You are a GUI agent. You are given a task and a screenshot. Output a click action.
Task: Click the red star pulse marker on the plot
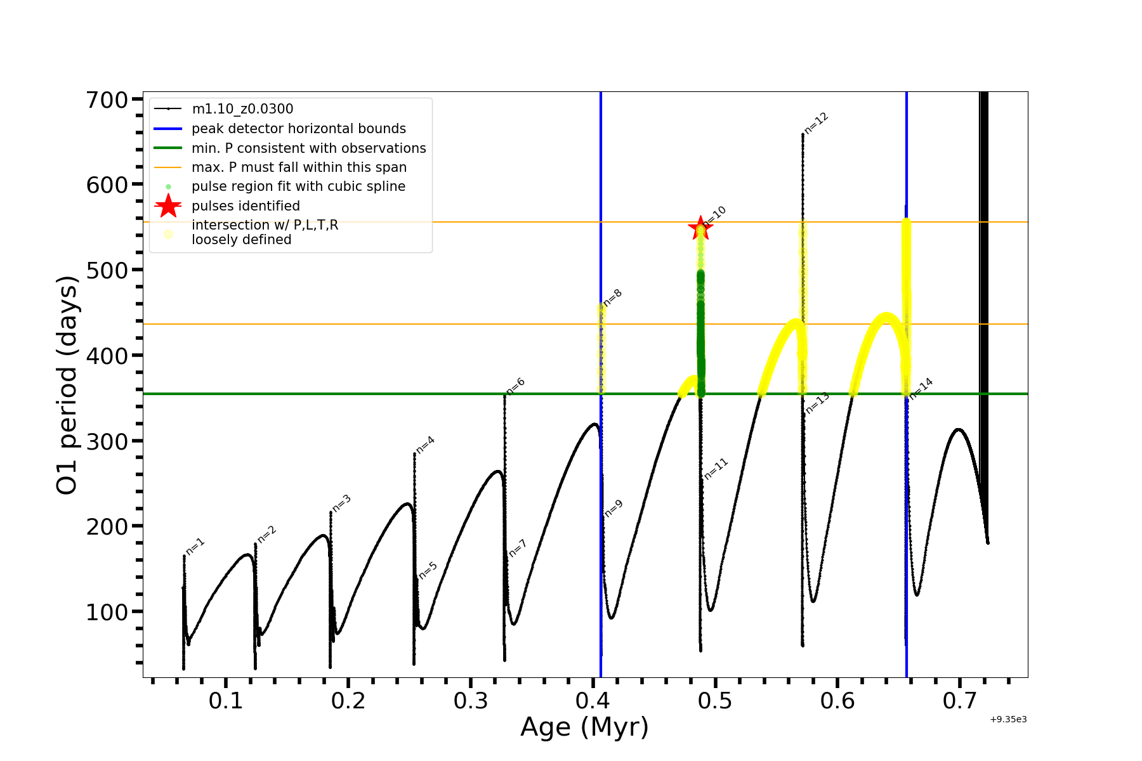(x=700, y=228)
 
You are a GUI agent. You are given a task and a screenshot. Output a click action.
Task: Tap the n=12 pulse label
(x=817, y=123)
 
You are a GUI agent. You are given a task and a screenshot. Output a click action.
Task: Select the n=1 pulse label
(x=195, y=546)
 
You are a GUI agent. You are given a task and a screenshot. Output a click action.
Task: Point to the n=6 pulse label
(x=516, y=386)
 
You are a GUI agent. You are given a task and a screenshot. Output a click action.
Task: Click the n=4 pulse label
(x=425, y=445)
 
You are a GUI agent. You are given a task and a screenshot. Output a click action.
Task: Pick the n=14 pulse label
(x=921, y=388)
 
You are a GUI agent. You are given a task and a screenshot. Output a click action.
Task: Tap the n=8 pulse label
(x=613, y=298)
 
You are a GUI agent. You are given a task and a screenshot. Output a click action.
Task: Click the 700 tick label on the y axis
(x=107, y=100)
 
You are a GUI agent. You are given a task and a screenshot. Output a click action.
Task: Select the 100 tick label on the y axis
(x=107, y=612)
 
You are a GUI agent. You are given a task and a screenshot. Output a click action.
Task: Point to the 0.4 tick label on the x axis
(x=593, y=701)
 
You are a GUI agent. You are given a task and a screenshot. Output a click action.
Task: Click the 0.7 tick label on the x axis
(x=959, y=701)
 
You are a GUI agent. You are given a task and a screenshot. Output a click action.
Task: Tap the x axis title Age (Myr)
(x=584, y=727)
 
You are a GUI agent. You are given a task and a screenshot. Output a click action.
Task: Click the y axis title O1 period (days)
(x=67, y=385)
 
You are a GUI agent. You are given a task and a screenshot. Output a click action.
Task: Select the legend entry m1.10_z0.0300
(x=242, y=110)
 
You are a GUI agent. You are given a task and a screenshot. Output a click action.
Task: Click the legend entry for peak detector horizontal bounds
(x=298, y=129)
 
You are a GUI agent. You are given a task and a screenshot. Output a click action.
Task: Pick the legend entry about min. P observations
(x=308, y=148)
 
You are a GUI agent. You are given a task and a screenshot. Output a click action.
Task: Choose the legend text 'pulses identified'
(x=246, y=206)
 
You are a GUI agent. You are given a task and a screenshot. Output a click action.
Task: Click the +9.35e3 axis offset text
(x=1008, y=720)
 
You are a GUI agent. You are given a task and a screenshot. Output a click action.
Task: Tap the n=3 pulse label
(x=341, y=503)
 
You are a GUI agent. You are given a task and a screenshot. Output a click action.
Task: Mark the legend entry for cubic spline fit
(x=298, y=186)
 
